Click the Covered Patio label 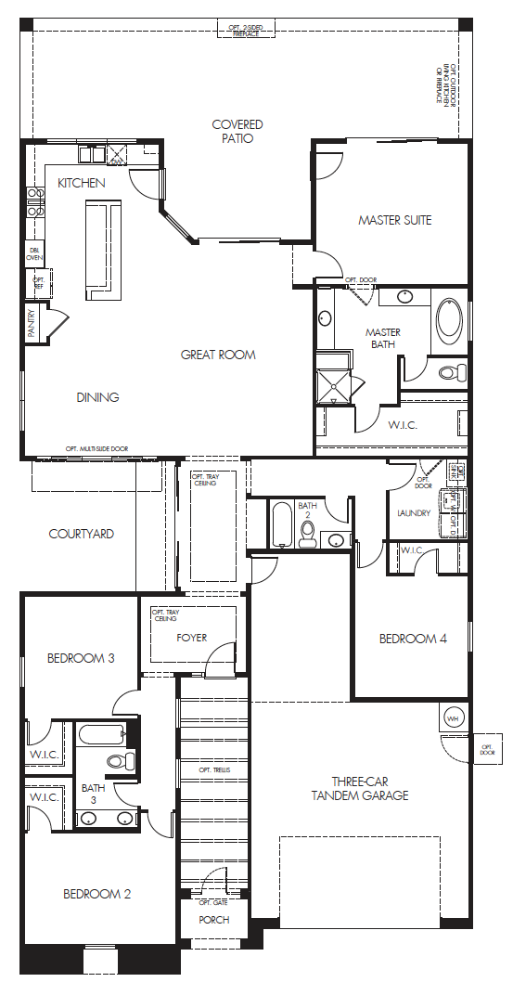pyautogui.click(x=237, y=131)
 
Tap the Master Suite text pyautogui.click(x=395, y=220)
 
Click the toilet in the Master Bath pyautogui.click(x=450, y=373)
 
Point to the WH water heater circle pyautogui.click(x=453, y=718)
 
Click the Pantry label pyautogui.click(x=31, y=324)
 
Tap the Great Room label pyautogui.click(x=218, y=355)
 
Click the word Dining pyautogui.click(x=97, y=397)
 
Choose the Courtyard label pyautogui.click(x=82, y=534)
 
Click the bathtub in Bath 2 pyautogui.click(x=281, y=525)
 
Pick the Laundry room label pyautogui.click(x=414, y=512)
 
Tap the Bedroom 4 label pyautogui.click(x=413, y=639)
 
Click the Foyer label pyautogui.click(x=191, y=638)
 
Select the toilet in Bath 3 pyautogui.click(x=118, y=761)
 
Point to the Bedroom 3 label pyautogui.click(x=81, y=658)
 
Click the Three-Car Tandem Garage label pyautogui.click(x=359, y=788)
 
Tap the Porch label pyautogui.click(x=213, y=920)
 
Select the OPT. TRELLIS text pyautogui.click(x=213, y=769)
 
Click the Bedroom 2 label pyautogui.click(x=96, y=894)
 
